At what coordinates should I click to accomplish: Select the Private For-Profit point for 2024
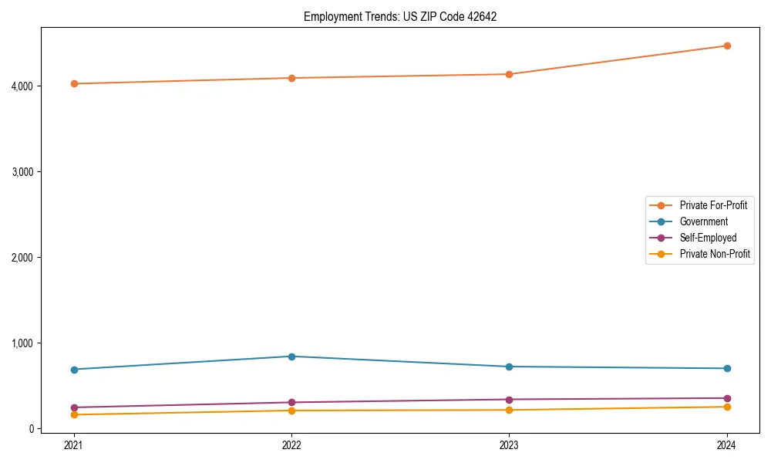[727, 46]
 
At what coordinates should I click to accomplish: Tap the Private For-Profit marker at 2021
[74, 83]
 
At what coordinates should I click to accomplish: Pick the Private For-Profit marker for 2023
[510, 74]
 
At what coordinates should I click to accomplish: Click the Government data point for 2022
[291, 357]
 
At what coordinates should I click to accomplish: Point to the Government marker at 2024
[727, 368]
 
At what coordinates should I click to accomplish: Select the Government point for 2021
[74, 370]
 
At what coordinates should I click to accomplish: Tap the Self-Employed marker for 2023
[510, 400]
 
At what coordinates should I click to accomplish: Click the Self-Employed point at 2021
[74, 407]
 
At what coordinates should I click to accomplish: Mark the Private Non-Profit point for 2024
[727, 407]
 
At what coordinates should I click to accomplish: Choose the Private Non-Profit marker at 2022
[291, 411]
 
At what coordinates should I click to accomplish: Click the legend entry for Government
[703, 221]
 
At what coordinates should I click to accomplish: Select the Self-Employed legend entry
[708, 238]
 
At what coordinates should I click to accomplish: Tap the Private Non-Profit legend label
[715, 254]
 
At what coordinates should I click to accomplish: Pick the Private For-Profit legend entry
[713, 205]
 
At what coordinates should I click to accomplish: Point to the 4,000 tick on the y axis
[23, 86]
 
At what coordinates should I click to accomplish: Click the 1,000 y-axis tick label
[23, 343]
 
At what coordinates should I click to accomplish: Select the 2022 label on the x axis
[291, 444]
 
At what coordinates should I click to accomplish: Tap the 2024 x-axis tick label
[727, 444]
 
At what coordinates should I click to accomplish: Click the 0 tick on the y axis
[32, 428]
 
